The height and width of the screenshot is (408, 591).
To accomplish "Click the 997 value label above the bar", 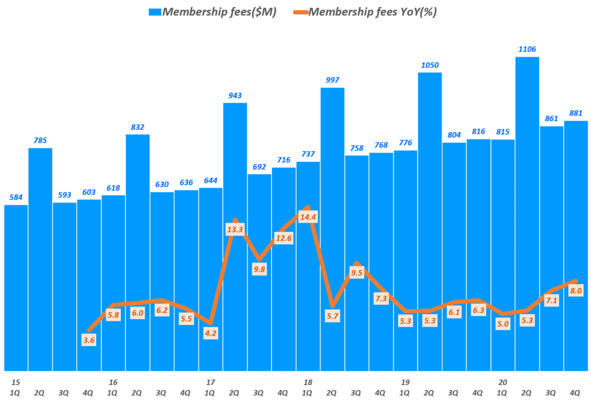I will [332, 80].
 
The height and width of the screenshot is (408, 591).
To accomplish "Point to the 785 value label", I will [40, 140].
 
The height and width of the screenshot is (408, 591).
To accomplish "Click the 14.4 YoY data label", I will [308, 218].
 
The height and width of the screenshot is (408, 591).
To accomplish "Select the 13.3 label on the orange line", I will [235, 230].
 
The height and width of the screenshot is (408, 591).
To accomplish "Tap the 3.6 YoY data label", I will [89, 340].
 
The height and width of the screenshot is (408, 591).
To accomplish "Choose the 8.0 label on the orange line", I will [575, 291].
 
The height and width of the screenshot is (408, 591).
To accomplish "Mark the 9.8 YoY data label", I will [259, 268].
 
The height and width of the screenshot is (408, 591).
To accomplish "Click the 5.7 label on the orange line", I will [332, 316].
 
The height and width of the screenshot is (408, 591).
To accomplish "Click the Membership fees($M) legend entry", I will [220, 12].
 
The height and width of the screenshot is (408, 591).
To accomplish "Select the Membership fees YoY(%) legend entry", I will [373, 12].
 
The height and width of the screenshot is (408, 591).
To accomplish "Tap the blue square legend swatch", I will [155, 12].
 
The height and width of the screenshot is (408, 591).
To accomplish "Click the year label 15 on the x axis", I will [16, 382].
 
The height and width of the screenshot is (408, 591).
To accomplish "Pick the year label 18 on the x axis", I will [308, 382].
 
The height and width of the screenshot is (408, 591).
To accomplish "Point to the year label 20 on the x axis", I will [503, 382].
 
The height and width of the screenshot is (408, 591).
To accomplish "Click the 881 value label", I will [575, 113].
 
